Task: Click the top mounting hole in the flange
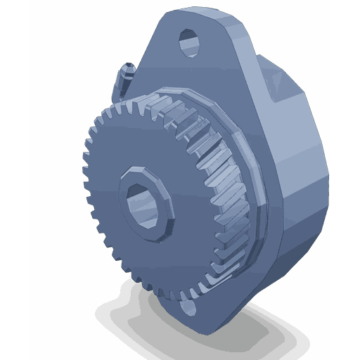[x=191, y=44]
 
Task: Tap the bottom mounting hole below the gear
[x=188, y=307]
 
